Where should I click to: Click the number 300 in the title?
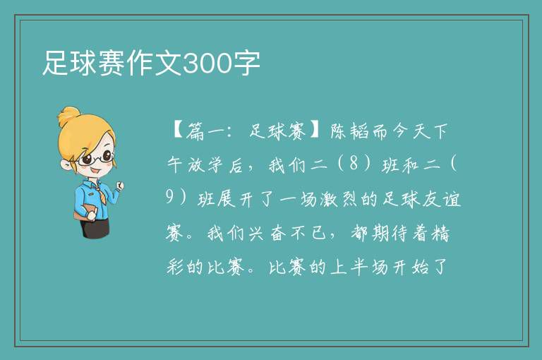point(207,64)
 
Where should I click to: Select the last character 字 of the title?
point(246,64)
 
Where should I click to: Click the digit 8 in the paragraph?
point(354,163)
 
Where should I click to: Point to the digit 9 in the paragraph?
point(169,197)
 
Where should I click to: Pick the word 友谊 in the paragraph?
point(441,200)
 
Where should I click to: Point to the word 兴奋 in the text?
point(267,234)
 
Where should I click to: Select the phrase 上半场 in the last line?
point(359,267)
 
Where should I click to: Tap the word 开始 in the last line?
point(409,267)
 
